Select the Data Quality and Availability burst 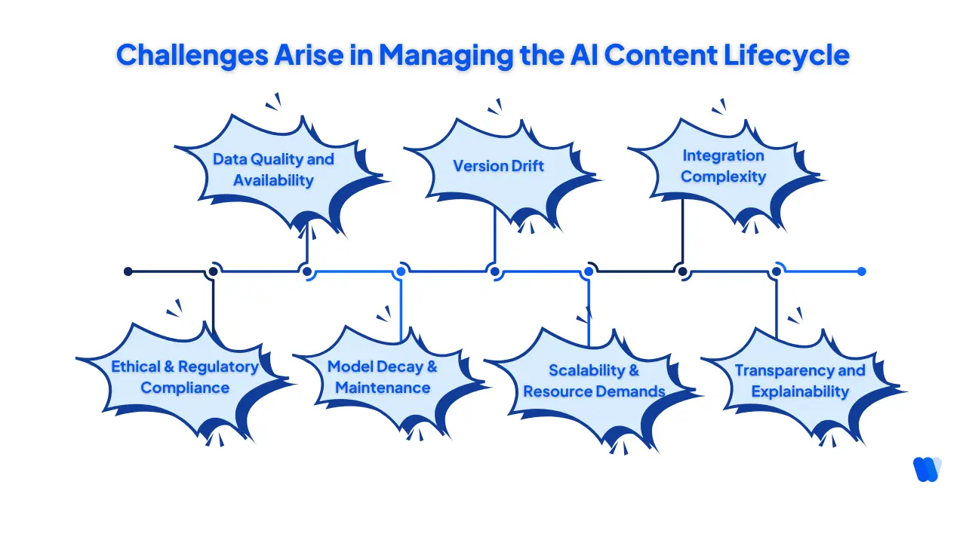tap(273, 170)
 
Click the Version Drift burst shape tap(498, 166)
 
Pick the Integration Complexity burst tap(723, 166)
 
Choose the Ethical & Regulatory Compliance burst tap(185, 377)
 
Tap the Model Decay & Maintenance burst tap(383, 377)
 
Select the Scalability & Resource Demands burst tap(594, 381)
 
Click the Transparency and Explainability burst tap(800, 381)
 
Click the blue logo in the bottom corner tap(926, 469)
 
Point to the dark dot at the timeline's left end tap(128, 271)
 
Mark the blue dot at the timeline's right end tap(862, 271)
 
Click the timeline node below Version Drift tap(494, 271)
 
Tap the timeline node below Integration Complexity tap(682, 271)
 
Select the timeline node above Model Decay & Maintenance tap(401, 271)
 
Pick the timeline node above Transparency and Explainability tap(777, 271)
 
